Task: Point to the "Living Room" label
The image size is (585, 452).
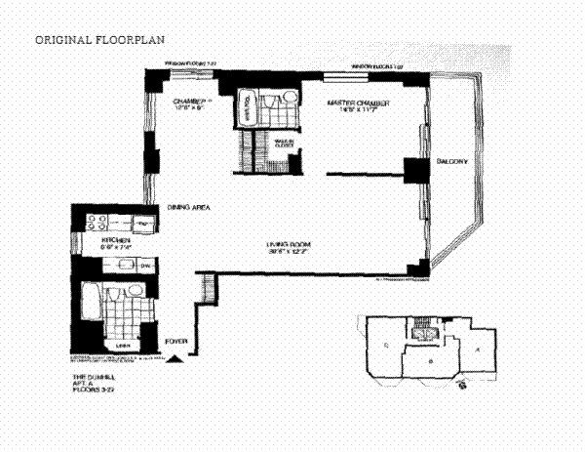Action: tap(291, 244)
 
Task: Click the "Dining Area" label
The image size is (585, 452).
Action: tap(186, 208)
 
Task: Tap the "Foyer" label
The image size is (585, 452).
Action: tap(175, 340)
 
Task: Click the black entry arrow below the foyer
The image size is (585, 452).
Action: tap(175, 361)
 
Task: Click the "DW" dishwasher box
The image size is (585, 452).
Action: tap(143, 266)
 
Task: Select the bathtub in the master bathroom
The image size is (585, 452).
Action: tap(247, 109)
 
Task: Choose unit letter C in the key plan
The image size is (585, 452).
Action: tap(387, 345)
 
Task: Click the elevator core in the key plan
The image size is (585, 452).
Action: tap(422, 333)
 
